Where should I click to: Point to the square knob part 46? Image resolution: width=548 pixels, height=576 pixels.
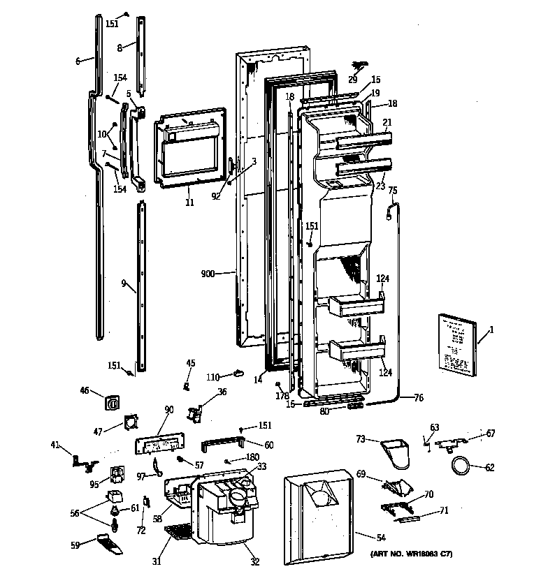(111, 404)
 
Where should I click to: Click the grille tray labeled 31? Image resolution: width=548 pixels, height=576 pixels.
(178, 532)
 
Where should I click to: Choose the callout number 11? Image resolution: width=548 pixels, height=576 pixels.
(189, 202)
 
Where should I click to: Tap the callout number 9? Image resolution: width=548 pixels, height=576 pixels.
(124, 284)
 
